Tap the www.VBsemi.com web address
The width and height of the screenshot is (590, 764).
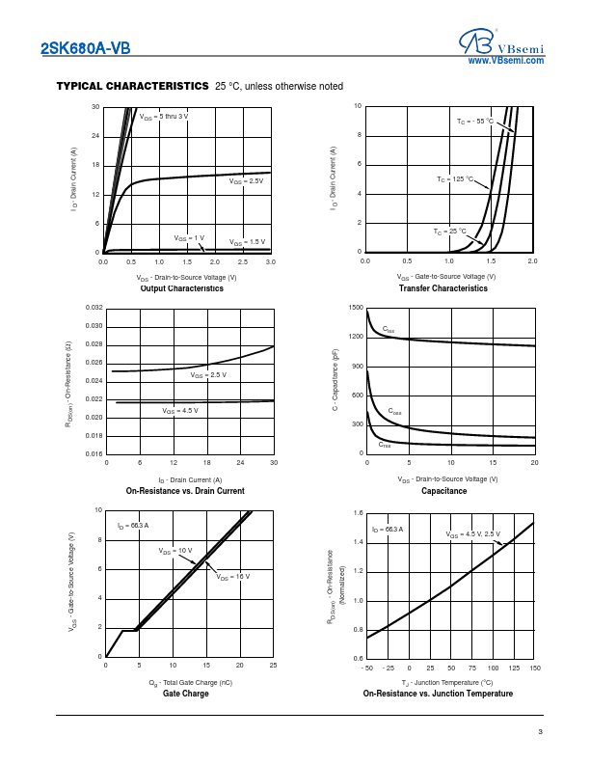(x=506, y=61)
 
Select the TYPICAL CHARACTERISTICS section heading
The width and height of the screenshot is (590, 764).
(x=133, y=86)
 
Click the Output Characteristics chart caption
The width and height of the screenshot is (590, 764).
(x=182, y=288)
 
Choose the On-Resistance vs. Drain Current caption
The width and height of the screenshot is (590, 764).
(x=185, y=491)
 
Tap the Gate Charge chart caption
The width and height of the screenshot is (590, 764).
(x=185, y=694)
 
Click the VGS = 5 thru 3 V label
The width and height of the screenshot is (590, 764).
(x=164, y=117)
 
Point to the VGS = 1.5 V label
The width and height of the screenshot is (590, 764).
(x=247, y=241)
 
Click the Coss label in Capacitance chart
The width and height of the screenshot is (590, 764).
(x=395, y=412)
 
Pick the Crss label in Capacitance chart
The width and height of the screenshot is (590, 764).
(x=386, y=444)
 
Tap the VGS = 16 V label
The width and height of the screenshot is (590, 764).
(x=233, y=576)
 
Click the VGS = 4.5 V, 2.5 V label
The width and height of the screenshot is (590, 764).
(x=473, y=533)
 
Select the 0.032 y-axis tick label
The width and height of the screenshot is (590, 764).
(x=94, y=308)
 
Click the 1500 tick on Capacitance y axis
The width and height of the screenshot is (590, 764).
(x=357, y=308)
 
